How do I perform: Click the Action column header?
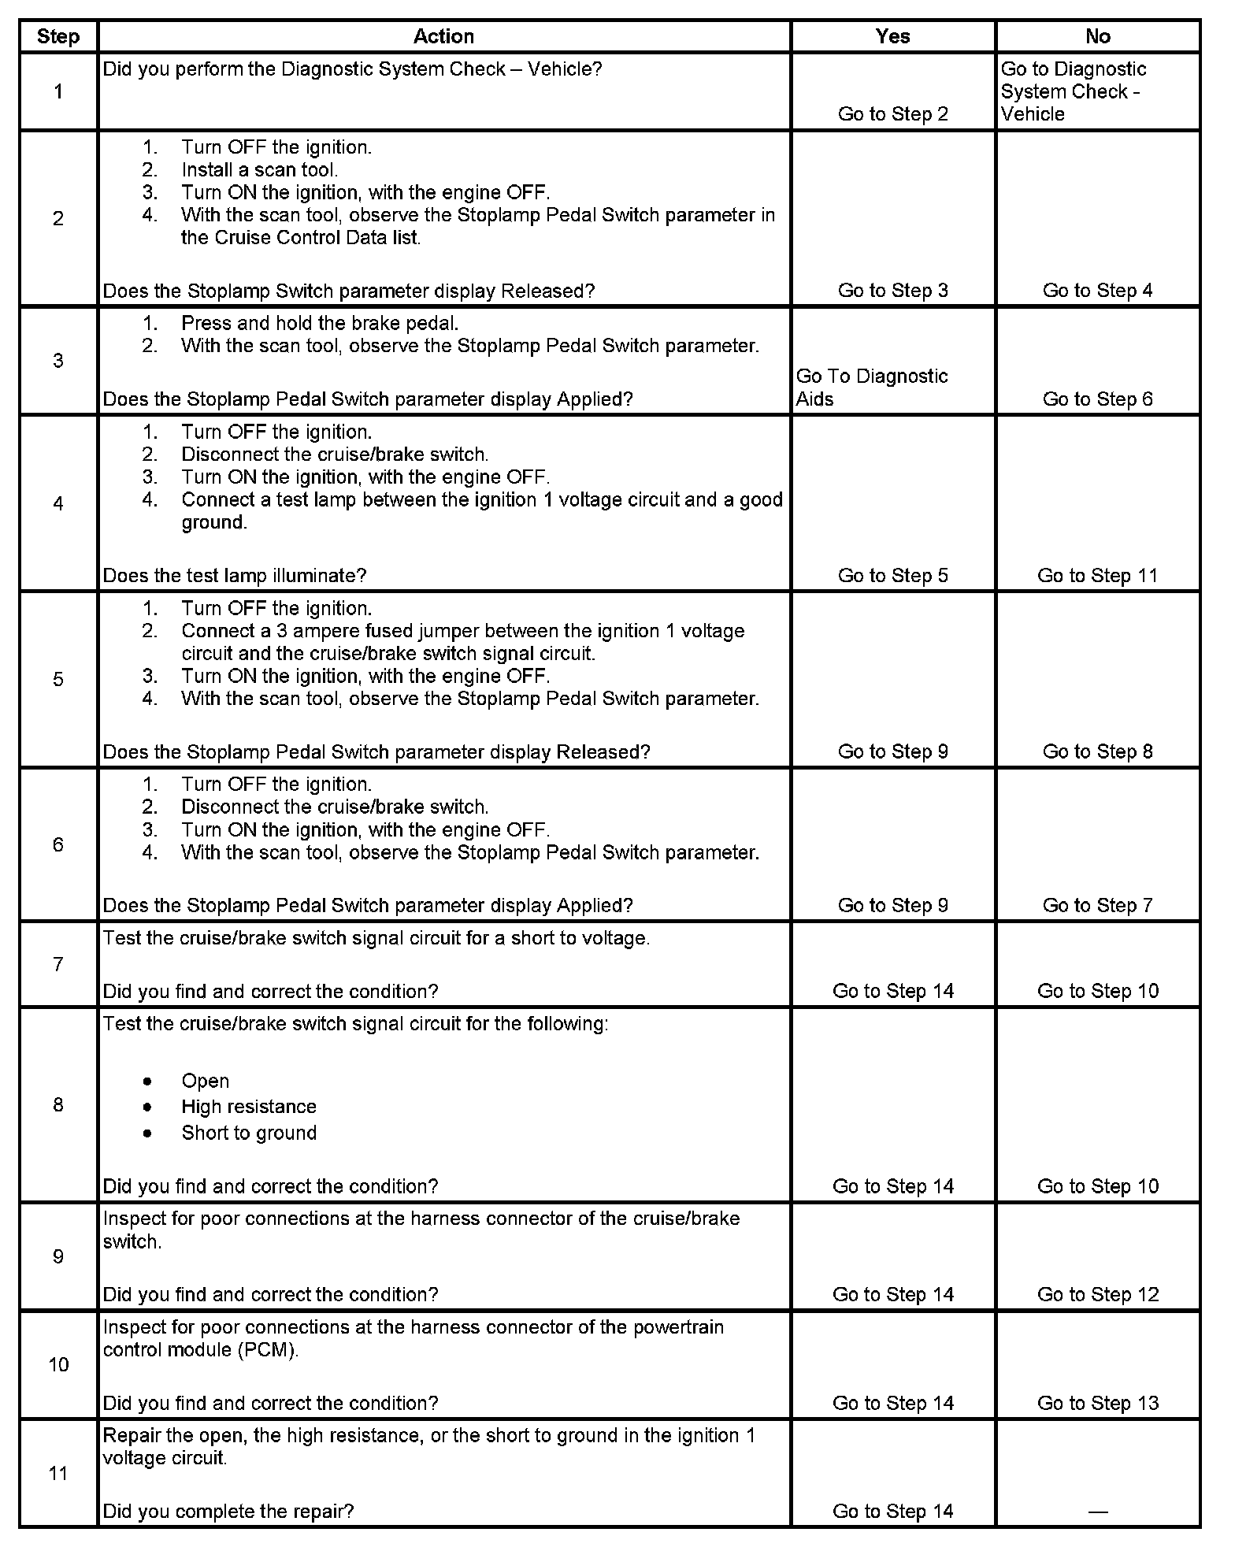(443, 36)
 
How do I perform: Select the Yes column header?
(892, 36)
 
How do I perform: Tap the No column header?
(1097, 36)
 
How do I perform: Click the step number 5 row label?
(58, 679)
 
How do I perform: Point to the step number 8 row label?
(58, 1104)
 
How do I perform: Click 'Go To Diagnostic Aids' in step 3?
(872, 387)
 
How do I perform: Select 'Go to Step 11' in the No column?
(1097, 576)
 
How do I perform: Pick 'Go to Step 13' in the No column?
(1097, 1403)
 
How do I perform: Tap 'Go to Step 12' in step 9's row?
(1097, 1294)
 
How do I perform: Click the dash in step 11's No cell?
(1097, 1512)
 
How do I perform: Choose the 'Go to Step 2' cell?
(892, 114)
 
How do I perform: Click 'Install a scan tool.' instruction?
(259, 170)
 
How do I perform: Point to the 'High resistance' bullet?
(248, 1107)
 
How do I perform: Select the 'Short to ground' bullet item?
(248, 1133)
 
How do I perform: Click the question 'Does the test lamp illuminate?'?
(235, 576)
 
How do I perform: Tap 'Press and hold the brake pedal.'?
(320, 323)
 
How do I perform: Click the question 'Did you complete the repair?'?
(228, 1512)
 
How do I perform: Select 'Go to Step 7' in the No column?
(1097, 906)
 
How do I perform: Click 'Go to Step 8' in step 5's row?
(1097, 752)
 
